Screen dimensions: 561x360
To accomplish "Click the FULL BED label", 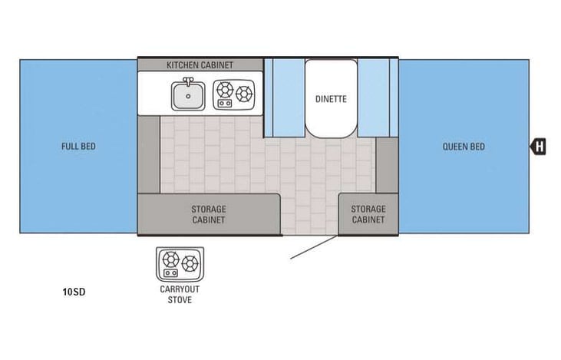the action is [x=78, y=147].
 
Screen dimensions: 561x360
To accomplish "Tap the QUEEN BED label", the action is [x=464, y=147].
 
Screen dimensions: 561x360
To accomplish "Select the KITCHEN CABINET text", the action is [x=200, y=65].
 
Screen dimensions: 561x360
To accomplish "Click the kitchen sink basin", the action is [x=188, y=96].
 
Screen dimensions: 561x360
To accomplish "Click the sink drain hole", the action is [x=188, y=96].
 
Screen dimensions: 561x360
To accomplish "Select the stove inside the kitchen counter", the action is [x=234, y=94].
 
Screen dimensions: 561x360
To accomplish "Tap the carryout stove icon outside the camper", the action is [x=180, y=264].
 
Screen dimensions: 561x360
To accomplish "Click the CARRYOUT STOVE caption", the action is [x=180, y=295].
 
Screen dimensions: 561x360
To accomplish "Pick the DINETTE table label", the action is [x=331, y=99].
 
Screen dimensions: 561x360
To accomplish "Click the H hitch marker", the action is [x=538, y=147].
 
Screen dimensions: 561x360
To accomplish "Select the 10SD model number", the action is [x=74, y=292].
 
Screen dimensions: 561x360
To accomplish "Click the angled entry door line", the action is [x=314, y=246].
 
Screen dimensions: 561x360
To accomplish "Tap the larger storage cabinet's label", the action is [x=209, y=214].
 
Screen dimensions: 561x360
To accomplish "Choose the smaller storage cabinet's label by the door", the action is [x=368, y=214].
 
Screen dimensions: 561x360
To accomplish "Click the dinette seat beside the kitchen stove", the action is [x=285, y=98].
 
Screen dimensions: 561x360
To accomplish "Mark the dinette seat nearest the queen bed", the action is [x=378, y=98].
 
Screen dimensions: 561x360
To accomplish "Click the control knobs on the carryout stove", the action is [x=170, y=273].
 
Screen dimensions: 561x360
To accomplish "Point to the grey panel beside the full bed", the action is [x=149, y=154].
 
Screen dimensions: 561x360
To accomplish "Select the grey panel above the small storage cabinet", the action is [x=387, y=165].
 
